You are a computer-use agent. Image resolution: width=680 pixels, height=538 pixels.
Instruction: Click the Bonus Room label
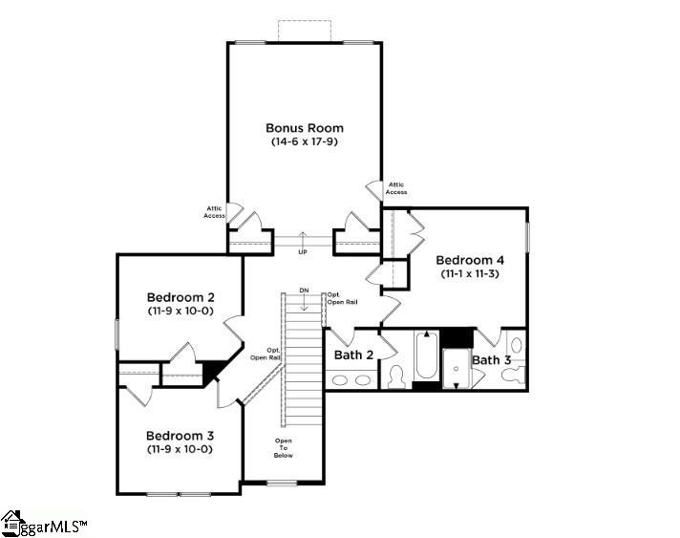(304, 128)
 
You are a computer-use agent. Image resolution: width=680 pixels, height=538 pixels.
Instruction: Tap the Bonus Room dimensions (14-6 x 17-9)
(304, 141)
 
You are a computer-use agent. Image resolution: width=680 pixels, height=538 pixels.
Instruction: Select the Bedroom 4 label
(470, 260)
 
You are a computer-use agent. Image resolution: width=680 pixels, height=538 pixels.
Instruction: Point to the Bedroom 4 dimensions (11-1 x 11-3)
(470, 273)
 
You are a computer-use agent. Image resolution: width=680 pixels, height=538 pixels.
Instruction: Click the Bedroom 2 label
(179, 296)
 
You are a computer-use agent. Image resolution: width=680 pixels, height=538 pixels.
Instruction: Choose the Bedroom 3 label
(179, 435)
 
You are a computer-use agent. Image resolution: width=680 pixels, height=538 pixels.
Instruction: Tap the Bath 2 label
(352, 355)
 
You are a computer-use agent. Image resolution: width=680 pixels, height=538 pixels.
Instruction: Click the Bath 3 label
(492, 360)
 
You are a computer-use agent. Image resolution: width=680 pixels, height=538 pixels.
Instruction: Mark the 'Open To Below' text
(284, 447)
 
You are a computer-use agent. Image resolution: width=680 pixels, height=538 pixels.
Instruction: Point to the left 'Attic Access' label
(214, 211)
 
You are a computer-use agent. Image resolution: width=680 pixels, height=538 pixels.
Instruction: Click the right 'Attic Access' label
(396, 188)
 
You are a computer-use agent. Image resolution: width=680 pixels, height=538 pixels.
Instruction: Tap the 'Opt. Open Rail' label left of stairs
(266, 354)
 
